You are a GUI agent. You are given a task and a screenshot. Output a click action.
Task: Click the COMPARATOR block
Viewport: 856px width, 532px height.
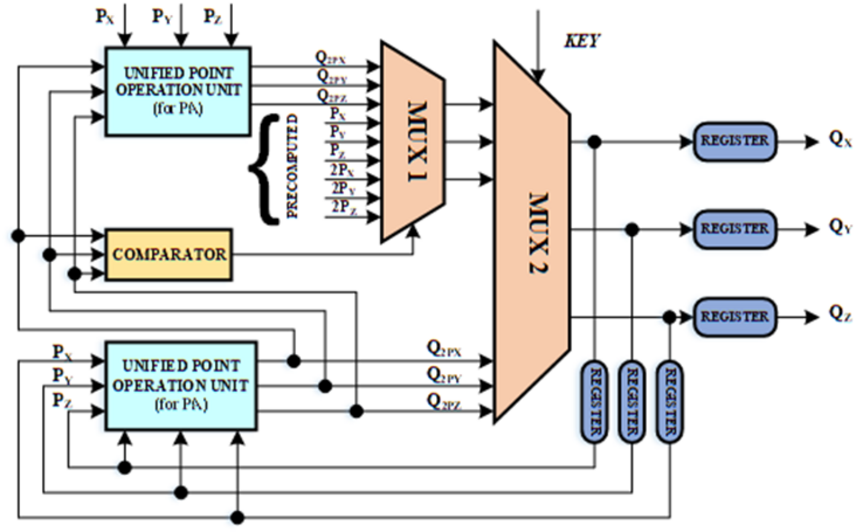click(x=169, y=255)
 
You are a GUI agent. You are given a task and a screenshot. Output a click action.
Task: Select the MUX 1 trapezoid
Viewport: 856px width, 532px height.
click(x=413, y=141)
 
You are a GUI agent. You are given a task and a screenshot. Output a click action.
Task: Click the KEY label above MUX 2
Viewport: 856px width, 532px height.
click(x=582, y=41)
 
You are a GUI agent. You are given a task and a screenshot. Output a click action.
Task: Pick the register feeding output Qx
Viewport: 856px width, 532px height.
click(x=735, y=141)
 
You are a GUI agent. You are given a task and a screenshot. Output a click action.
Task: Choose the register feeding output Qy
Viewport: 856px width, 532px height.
click(x=735, y=229)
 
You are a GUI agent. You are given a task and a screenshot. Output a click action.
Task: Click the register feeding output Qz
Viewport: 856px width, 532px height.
click(x=735, y=317)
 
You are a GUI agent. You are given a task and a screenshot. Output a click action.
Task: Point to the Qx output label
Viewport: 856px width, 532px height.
click(x=839, y=140)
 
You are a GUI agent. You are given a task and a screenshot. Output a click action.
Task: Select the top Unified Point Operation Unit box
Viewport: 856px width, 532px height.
click(x=178, y=92)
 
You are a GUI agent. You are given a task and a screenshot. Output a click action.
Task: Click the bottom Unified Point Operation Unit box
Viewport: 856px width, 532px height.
click(x=181, y=385)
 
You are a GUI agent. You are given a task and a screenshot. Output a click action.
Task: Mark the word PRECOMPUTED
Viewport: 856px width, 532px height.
click(x=292, y=166)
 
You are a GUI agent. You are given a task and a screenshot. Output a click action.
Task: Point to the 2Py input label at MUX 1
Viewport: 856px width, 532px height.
click(x=343, y=188)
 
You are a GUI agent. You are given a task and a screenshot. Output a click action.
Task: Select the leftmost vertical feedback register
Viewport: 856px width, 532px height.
click(x=594, y=402)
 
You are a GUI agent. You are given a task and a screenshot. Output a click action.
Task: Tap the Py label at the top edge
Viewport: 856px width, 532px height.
click(x=162, y=17)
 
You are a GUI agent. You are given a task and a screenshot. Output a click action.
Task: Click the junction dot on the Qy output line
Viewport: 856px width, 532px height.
click(x=632, y=230)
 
